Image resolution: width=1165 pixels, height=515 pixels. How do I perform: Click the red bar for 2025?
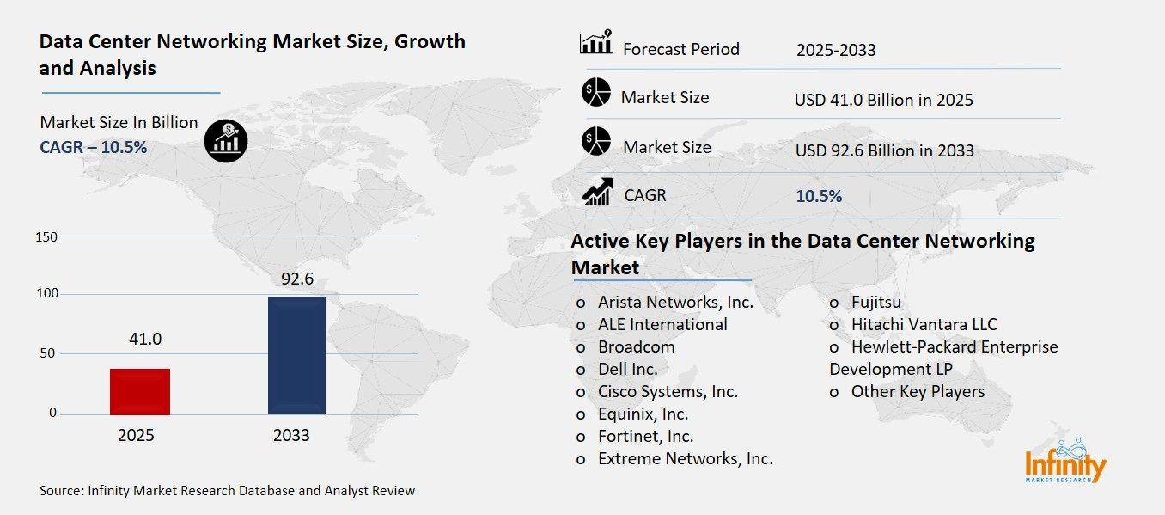(x=140, y=391)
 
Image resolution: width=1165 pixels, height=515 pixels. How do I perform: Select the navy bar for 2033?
(x=296, y=354)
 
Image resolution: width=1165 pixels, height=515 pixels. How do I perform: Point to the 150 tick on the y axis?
(x=46, y=236)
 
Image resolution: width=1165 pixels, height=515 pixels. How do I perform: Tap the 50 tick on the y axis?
(x=46, y=353)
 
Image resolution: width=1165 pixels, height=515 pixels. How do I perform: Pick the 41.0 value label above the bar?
(x=144, y=339)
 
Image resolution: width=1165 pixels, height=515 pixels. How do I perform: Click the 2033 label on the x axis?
(x=291, y=436)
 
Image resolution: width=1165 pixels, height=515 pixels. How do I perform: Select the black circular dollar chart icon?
(x=226, y=140)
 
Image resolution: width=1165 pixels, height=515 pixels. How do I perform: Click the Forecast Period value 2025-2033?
(x=835, y=50)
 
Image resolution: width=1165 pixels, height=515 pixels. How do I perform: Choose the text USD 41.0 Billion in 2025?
(x=883, y=100)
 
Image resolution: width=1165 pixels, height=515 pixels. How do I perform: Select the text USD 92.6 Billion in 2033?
(x=884, y=150)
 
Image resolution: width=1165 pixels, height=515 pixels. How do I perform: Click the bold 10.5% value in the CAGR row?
(x=819, y=196)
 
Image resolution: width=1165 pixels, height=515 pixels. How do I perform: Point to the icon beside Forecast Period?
(x=596, y=42)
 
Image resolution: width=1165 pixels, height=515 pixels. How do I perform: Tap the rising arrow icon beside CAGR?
(x=597, y=192)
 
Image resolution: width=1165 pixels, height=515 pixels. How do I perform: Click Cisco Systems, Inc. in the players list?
(x=668, y=391)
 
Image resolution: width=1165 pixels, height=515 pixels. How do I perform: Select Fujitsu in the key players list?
(x=876, y=302)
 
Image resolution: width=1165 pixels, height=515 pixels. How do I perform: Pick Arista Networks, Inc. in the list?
(x=675, y=302)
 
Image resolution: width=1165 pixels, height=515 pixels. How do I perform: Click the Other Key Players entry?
(x=918, y=391)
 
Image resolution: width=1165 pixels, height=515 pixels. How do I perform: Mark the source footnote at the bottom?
(x=227, y=491)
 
